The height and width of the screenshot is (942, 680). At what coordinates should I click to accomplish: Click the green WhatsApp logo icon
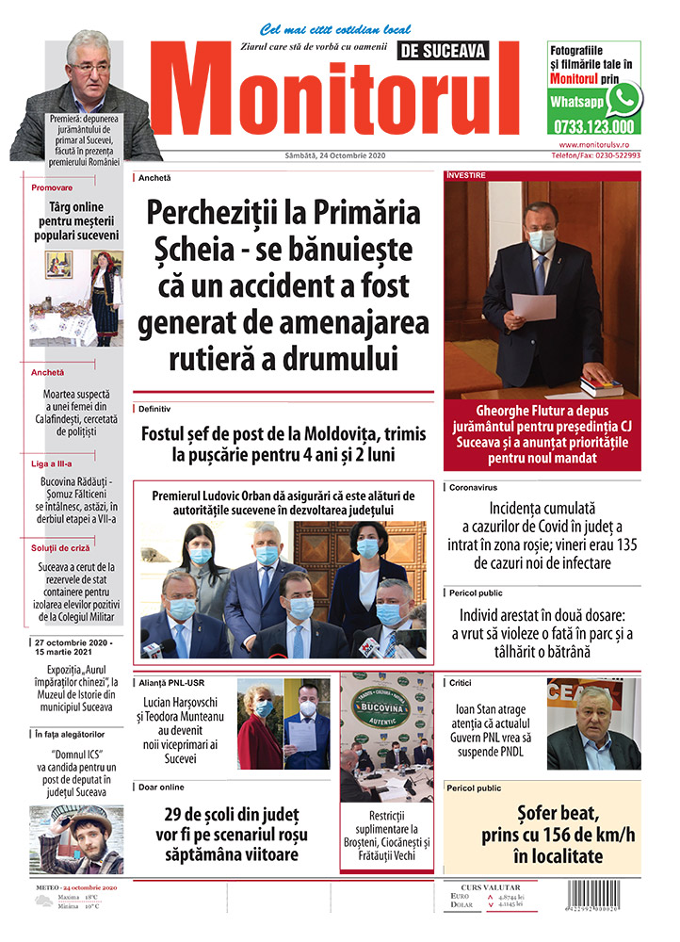pyautogui.click(x=623, y=98)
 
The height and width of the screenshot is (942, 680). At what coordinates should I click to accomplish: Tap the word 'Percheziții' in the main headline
pyautogui.click(x=216, y=216)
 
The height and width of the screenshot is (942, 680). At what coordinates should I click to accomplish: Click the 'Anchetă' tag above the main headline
pyautogui.click(x=154, y=177)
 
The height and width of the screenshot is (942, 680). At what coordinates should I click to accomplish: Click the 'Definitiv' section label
pyautogui.click(x=154, y=409)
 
